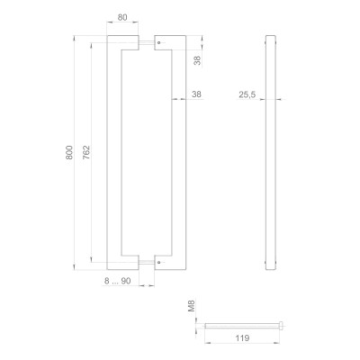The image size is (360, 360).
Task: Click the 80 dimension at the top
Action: pyautogui.click(x=122, y=16)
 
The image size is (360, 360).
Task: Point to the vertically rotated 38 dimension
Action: pyautogui.click(x=196, y=60)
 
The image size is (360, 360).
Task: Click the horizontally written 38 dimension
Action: pyautogui.click(x=196, y=93)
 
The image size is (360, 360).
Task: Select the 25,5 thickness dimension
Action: pyautogui.click(x=248, y=93)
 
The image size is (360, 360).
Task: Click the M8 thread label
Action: pyautogui.click(x=191, y=308)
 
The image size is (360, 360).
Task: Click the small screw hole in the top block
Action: pyautogui.click(x=158, y=41)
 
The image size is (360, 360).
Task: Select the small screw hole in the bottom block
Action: pyautogui.click(x=158, y=263)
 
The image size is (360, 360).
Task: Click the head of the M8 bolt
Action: pyautogui.click(x=281, y=326)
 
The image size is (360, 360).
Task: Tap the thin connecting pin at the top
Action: pyautogui.click(x=139, y=41)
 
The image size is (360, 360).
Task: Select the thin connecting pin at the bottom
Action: pyautogui.click(x=139, y=263)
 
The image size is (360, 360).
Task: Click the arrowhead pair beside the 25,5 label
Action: pyautogui.click(x=270, y=100)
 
